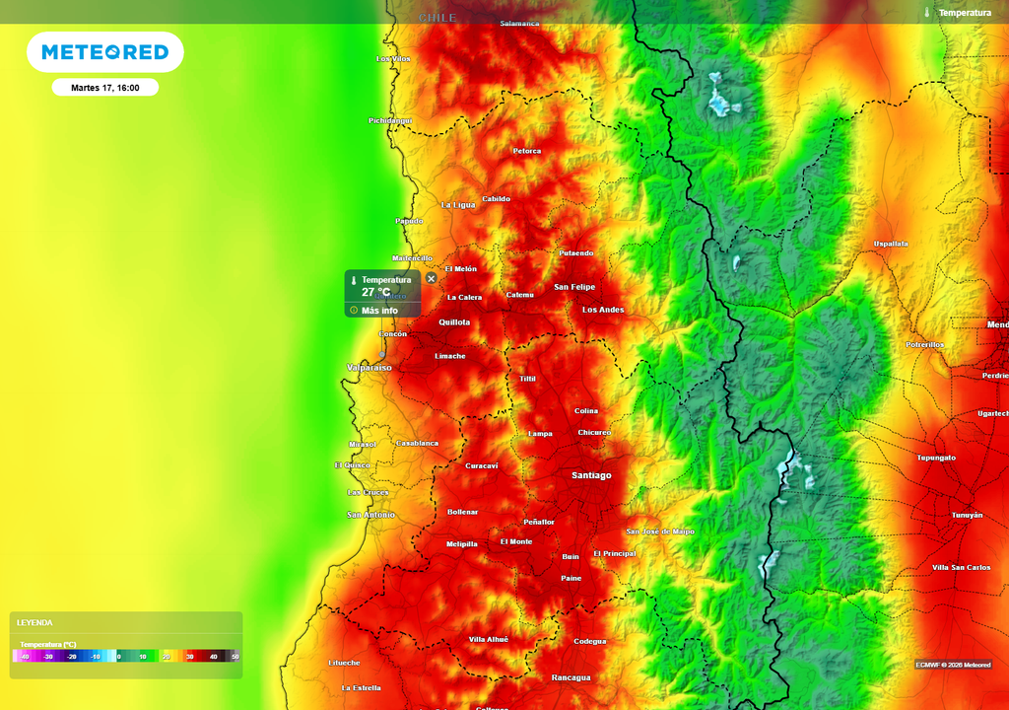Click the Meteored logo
tap(104, 52)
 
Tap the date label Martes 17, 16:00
tap(105, 88)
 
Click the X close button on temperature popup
tap(432, 279)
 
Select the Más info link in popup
tap(379, 311)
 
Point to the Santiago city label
tap(591, 475)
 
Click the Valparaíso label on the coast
tap(370, 367)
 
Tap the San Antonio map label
tap(370, 515)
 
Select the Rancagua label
tap(571, 677)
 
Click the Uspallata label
tap(891, 244)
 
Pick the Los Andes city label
tap(603, 310)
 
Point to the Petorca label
tap(527, 151)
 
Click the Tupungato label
tap(936, 458)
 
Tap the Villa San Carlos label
tap(961, 567)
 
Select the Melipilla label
tap(461, 543)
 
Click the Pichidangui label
tap(390, 120)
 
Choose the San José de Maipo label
tap(660, 531)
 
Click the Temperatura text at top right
tap(964, 13)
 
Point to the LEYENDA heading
tap(34, 622)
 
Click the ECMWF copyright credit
tap(953, 664)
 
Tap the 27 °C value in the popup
tap(375, 293)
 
